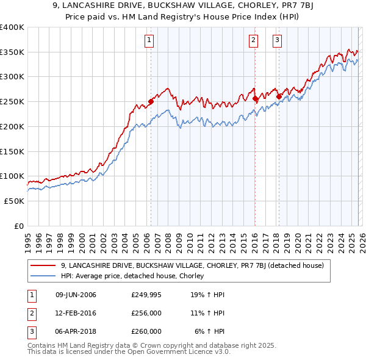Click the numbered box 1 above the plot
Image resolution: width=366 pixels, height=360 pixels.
[x=149, y=41]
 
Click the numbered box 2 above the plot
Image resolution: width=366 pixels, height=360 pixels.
[x=253, y=41]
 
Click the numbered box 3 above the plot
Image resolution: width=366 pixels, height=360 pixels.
[x=277, y=41]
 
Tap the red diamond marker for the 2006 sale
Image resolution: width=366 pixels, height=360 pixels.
[x=151, y=102]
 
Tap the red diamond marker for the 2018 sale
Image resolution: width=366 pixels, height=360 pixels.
[x=278, y=96]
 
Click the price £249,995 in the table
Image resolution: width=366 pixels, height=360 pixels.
[x=146, y=295]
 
